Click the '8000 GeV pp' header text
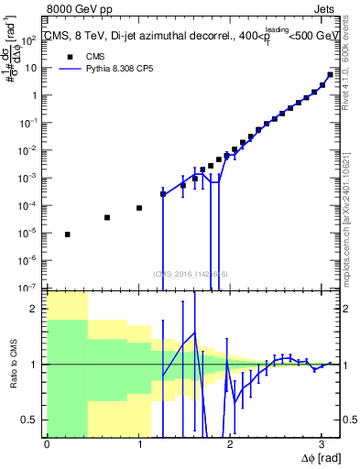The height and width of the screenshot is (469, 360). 81,11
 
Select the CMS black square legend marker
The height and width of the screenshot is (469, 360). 67,55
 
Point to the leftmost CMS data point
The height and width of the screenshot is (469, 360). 68,234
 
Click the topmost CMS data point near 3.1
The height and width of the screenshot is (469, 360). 330,75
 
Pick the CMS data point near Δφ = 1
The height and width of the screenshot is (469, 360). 139,208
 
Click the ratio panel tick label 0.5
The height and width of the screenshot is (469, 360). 33,420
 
